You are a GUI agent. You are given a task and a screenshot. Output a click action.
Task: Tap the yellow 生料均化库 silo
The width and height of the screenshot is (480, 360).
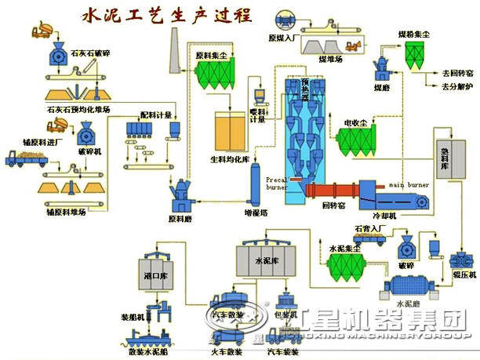coord(232,130)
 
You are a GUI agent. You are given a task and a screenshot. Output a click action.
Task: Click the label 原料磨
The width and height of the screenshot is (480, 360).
coord(180,218)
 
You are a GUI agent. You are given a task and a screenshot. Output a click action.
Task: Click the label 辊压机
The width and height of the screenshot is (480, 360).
coord(465,275)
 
